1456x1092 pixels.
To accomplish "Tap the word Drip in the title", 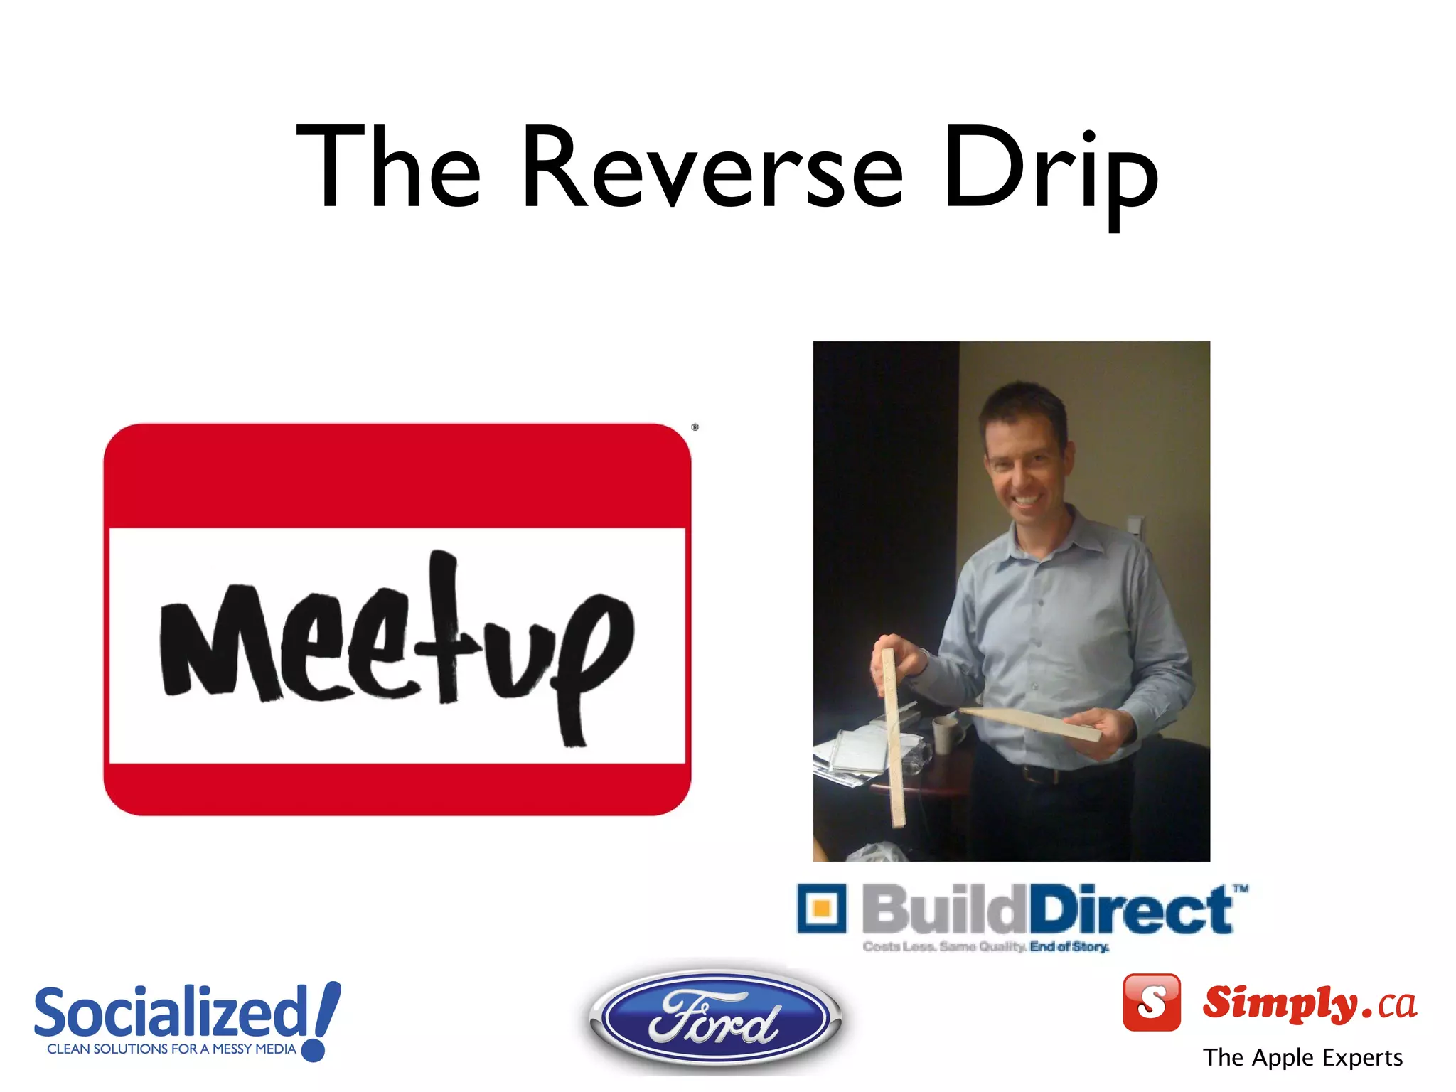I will [1051, 171].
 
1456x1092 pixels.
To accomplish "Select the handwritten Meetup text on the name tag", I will [396, 643].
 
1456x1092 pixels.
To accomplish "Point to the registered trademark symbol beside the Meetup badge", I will [695, 427].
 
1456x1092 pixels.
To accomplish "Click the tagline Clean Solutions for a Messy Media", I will [171, 1049].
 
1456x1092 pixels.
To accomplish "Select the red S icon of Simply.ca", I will [1151, 1002].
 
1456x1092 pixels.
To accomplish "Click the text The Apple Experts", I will [1302, 1058].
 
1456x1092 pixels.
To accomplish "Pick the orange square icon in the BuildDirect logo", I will [822, 908].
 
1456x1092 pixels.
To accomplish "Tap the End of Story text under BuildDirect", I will [1069, 947].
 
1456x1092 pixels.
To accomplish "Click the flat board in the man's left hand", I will [1031, 723].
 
